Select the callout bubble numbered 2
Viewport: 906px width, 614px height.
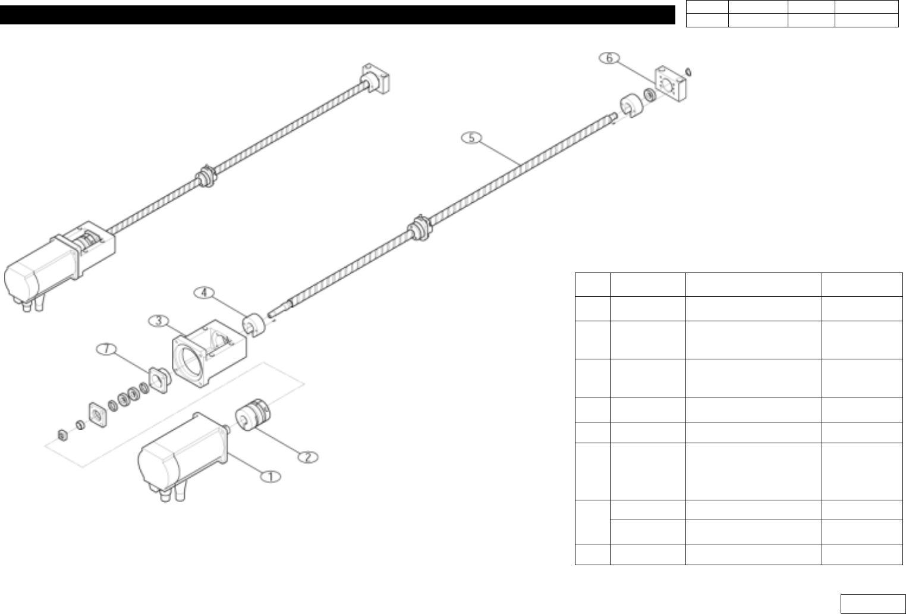[x=307, y=457]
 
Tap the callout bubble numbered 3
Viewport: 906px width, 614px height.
[x=159, y=321]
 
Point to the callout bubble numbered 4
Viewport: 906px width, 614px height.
[x=204, y=292]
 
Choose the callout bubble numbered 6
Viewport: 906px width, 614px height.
[x=609, y=58]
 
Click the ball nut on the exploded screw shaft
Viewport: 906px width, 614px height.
[x=420, y=228]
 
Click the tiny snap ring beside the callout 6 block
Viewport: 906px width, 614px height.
[x=688, y=71]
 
